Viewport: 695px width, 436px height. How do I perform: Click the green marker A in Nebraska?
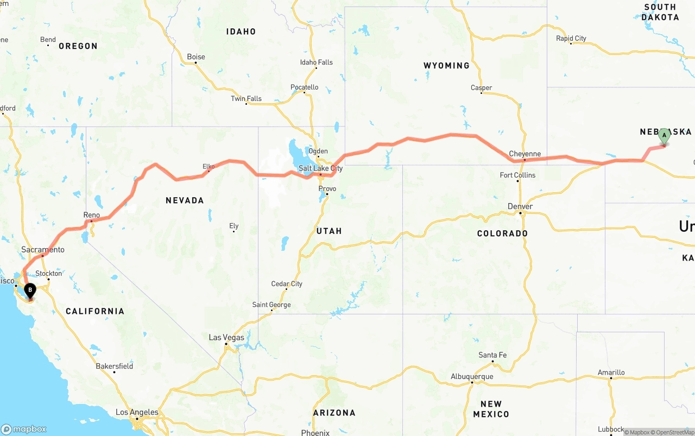click(x=664, y=136)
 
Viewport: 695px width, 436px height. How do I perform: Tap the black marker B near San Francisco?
click(x=30, y=291)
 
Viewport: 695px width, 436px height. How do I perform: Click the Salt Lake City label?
click(x=320, y=168)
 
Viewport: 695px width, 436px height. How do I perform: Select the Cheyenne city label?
click(x=525, y=154)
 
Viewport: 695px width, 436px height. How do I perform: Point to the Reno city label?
click(x=92, y=215)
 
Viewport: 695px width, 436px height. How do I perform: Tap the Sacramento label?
click(x=43, y=250)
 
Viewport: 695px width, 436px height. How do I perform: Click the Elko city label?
click(x=208, y=166)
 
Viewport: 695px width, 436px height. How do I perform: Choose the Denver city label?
click(x=520, y=206)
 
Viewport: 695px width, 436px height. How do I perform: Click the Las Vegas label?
click(x=227, y=337)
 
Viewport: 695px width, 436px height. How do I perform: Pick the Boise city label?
click(x=196, y=56)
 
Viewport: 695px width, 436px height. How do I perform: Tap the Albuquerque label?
click(x=472, y=376)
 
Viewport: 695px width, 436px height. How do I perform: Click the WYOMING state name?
click(x=446, y=66)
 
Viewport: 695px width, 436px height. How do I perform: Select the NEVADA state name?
click(x=185, y=200)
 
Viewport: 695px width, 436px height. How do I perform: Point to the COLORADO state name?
click(x=502, y=233)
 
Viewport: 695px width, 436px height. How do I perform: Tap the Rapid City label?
click(x=571, y=39)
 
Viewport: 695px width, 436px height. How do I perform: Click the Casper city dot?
click(x=481, y=93)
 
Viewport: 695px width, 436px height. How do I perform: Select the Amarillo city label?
click(x=611, y=372)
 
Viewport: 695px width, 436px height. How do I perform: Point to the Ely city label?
click(x=234, y=226)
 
